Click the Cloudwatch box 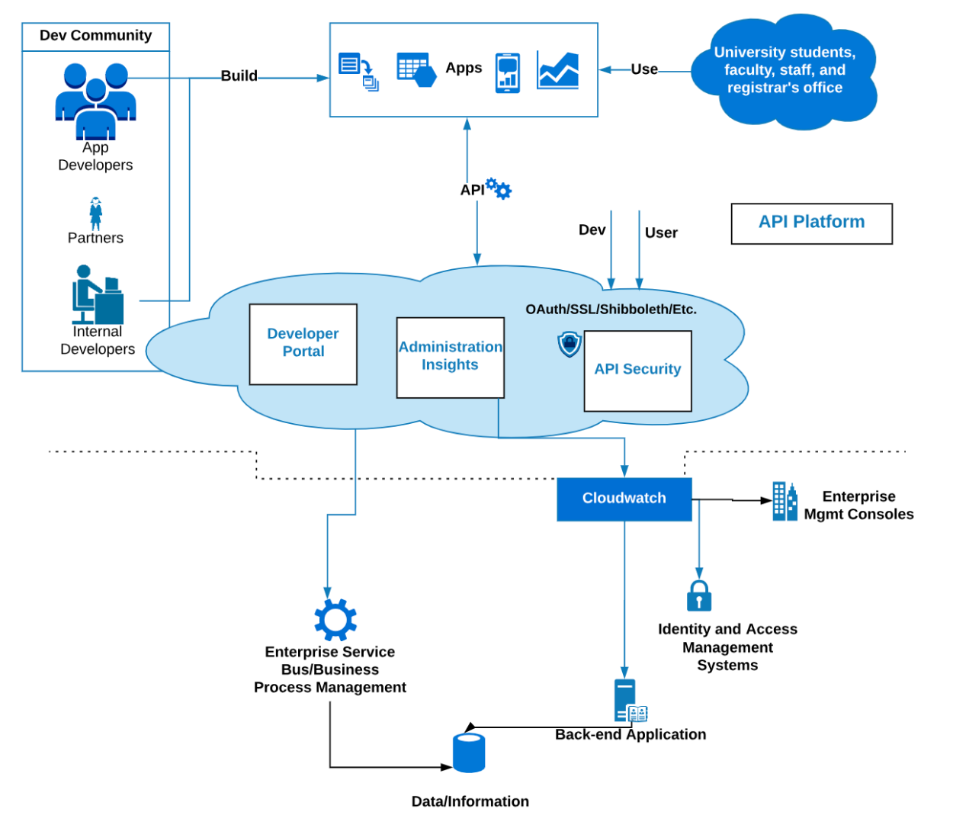click(x=624, y=499)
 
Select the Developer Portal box click(x=303, y=344)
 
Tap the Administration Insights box click(x=450, y=357)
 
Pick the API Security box click(x=637, y=371)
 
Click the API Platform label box click(x=811, y=223)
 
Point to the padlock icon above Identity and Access click(x=698, y=595)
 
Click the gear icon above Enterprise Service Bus click(x=335, y=619)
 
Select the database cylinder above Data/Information click(x=469, y=753)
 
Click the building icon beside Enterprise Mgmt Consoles click(x=785, y=501)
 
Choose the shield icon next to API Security click(x=570, y=344)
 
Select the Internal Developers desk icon click(x=97, y=295)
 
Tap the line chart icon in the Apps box click(x=557, y=71)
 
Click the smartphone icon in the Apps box click(x=507, y=73)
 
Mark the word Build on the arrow click(x=239, y=76)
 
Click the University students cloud click(x=785, y=70)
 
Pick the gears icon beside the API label click(x=499, y=188)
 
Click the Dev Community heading click(x=95, y=36)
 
